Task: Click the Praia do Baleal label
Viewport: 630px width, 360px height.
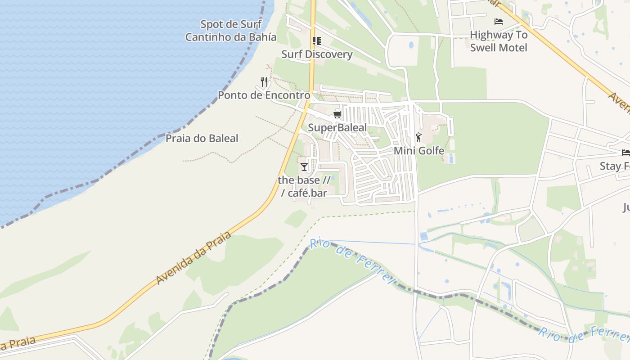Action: [202, 138]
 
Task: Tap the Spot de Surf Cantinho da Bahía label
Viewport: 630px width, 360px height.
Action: [231, 31]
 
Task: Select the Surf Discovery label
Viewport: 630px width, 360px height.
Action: [317, 54]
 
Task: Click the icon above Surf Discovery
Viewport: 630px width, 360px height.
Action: [317, 41]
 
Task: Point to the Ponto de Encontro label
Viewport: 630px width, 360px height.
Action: [264, 95]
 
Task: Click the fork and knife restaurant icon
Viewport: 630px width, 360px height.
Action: [264, 82]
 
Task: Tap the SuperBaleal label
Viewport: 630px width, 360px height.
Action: [337, 128]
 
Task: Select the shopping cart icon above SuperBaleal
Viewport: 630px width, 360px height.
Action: [337, 115]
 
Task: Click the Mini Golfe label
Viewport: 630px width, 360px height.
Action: [419, 151]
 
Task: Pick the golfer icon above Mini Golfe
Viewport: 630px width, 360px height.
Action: [419, 137]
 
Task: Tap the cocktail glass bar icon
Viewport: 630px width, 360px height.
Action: [304, 167]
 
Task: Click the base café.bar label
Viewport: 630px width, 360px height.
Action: [304, 186]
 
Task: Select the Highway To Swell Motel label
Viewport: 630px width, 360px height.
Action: [499, 41]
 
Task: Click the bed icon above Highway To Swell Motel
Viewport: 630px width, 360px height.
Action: [499, 21]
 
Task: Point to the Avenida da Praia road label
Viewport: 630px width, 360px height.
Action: [193, 258]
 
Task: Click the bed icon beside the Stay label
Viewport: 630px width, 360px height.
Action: [625, 153]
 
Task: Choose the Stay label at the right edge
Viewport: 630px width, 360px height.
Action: [615, 166]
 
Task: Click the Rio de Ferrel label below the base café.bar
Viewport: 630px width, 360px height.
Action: [352, 261]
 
